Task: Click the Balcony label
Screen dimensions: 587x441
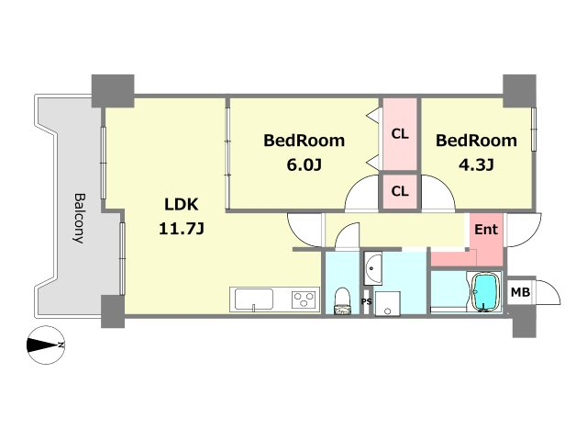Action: pos(80,219)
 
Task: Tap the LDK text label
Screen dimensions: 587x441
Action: pos(182,205)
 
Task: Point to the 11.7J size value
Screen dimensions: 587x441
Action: pos(182,229)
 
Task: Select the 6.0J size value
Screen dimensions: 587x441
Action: pos(304,164)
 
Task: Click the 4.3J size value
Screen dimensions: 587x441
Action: pos(476,164)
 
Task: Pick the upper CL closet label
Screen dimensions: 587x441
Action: pos(400,134)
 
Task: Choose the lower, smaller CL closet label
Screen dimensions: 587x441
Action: pos(400,191)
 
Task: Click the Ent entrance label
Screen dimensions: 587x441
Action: pos(486,229)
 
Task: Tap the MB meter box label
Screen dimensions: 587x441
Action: pos(520,292)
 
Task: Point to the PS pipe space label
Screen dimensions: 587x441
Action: pos(367,301)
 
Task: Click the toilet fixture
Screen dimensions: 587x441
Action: pos(342,300)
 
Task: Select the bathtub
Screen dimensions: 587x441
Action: pos(486,292)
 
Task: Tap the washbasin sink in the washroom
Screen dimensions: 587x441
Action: pos(372,267)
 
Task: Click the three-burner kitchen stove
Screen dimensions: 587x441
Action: pos(305,300)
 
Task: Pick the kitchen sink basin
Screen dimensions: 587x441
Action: pos(254,300)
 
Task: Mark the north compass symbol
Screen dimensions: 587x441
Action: pos(46,345)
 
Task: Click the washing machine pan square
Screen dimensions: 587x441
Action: pos(387,303)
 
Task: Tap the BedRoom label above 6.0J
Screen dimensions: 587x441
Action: pos(304,141)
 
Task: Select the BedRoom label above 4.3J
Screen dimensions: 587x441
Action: pos(476,141)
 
